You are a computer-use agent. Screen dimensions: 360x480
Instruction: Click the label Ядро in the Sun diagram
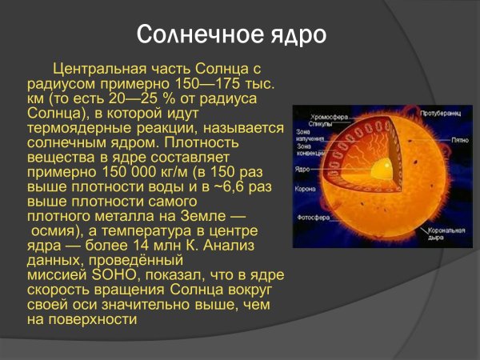pyautogui.click(x=302, y=170)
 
